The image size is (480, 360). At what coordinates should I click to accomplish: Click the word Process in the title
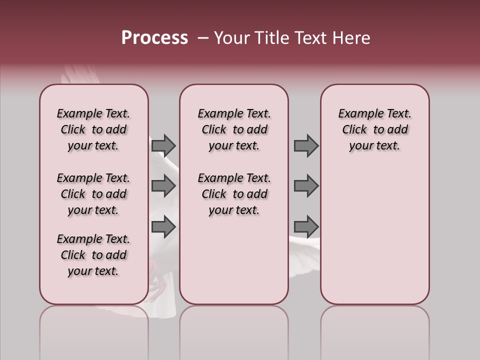154,38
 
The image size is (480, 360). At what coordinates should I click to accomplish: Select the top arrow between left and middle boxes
163,145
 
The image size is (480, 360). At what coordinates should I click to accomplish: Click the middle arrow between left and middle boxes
163,186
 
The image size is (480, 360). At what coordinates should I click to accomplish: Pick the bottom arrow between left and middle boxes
163,226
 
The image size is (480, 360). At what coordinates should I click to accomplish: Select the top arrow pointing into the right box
306,145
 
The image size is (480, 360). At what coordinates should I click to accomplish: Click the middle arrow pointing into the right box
306,186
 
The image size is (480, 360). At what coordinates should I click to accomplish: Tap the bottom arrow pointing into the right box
306,226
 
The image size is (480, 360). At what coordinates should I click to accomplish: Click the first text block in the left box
93,129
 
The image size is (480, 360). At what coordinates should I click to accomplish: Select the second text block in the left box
93,194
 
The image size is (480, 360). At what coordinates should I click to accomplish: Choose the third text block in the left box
93,255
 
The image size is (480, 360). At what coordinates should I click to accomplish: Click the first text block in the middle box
234,129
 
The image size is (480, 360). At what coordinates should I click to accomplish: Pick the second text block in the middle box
234,194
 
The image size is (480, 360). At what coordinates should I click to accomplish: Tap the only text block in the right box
374,129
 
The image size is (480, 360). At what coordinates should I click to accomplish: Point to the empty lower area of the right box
374,235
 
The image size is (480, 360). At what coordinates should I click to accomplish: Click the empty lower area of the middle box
234,260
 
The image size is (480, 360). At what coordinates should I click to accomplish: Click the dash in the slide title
203,38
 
